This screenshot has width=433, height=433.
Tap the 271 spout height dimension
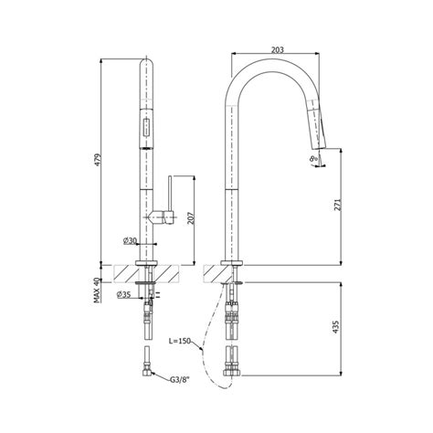(337, 206)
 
